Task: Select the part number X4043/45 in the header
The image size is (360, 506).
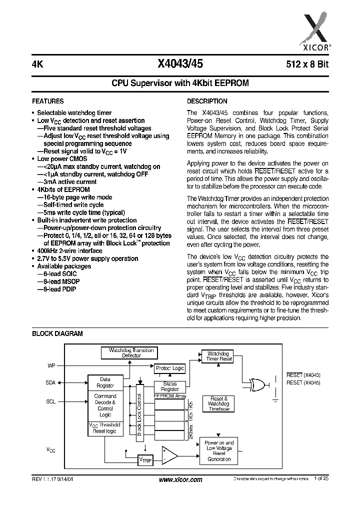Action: tap(180, 63)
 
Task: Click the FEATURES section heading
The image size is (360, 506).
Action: tap(48, 101)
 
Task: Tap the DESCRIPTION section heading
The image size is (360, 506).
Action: tap(207, 101)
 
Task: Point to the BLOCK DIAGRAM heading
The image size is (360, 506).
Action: tap(57, 333)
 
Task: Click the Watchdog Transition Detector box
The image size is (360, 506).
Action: tap(131, 352)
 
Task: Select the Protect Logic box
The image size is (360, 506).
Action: tap(169, 368)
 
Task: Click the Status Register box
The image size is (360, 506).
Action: tap(169, 386)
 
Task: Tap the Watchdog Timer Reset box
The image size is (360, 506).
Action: tap(219, 356)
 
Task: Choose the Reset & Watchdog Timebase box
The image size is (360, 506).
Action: tap(218, 403)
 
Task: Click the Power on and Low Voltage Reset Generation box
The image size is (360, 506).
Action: tap(219, 451)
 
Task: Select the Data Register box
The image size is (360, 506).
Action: tap(105, 382)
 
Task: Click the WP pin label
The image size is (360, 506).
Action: tap(51, 365)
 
